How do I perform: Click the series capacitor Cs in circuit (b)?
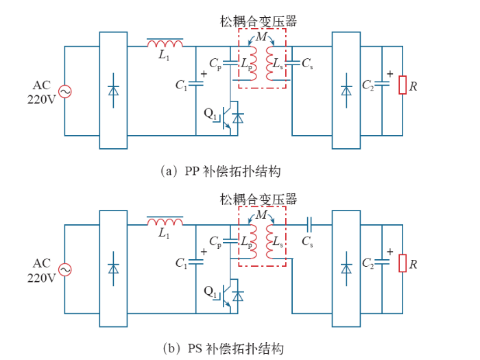pos(309,224)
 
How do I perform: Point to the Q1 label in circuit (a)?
pos(211,114)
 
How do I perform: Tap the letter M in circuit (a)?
pos(261,37)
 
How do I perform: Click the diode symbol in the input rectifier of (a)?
pos(113,91)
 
